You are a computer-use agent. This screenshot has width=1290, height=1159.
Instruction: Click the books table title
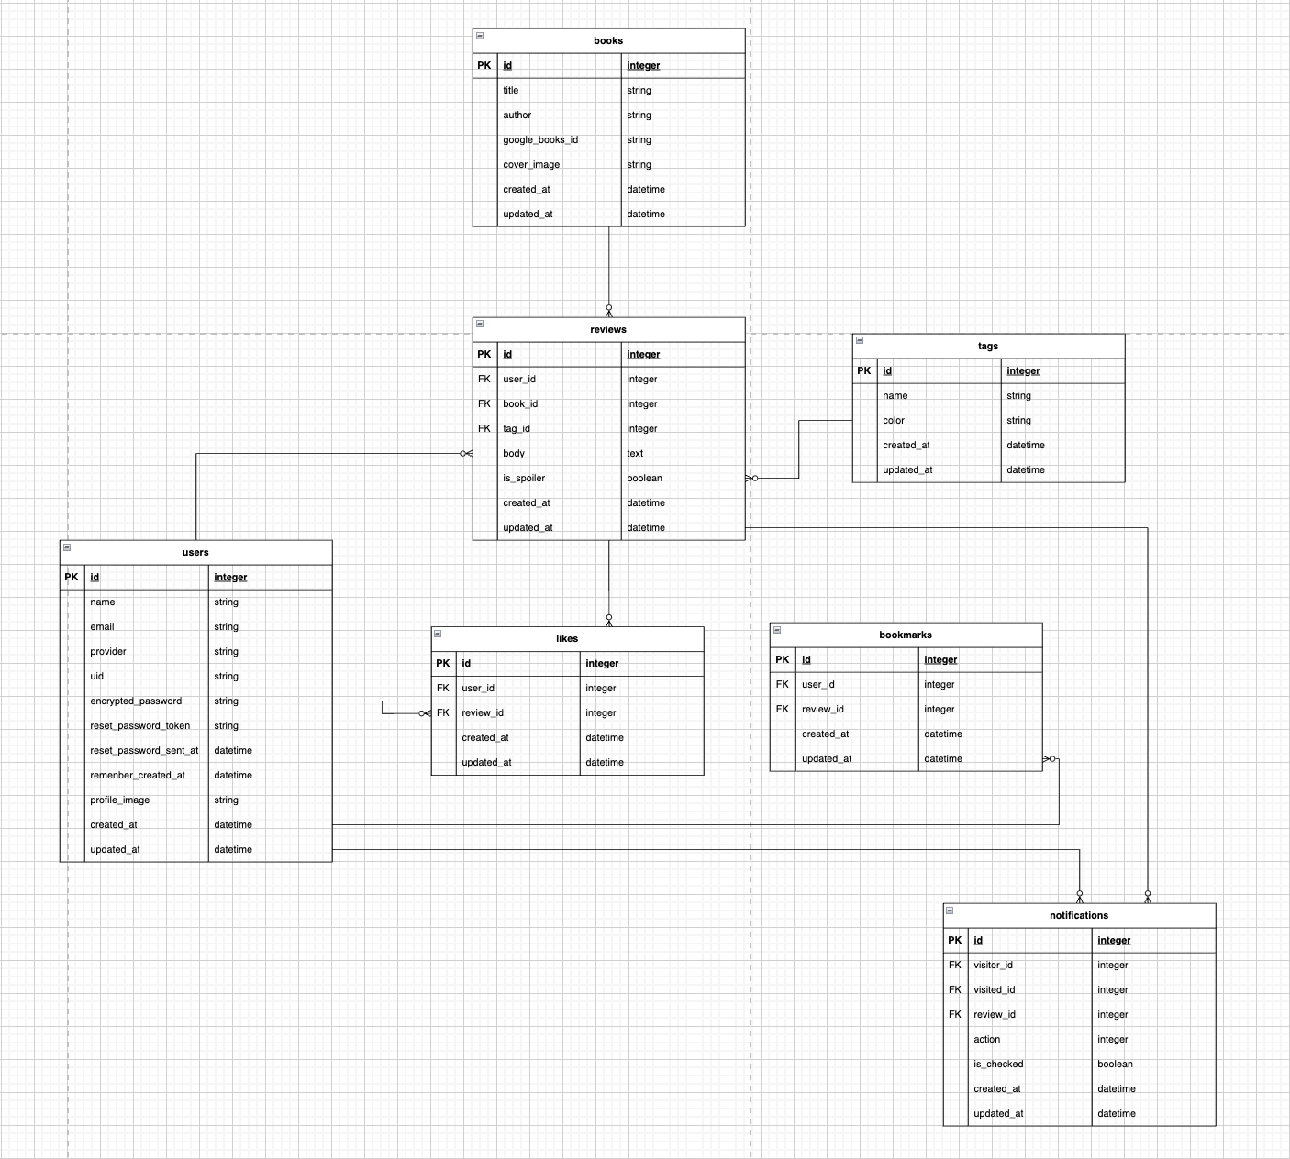(x=608, y=40)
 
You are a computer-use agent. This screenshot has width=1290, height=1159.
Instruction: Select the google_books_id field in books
(x=540, y=140)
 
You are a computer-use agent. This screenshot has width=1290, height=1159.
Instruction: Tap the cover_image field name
(x=531, y=165)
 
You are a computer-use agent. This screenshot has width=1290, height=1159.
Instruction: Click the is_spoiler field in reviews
(x=524, y=479)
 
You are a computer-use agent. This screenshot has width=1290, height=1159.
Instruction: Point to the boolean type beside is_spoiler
(x=644, y=479)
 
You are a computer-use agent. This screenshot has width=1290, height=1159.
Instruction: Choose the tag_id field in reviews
(x=517, y=429)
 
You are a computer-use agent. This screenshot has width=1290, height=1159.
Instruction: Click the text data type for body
(x=635, y=454)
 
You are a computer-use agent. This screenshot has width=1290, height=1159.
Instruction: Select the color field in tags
(x=894, y=421)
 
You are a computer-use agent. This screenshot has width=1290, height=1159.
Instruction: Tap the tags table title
(x=988, y=347)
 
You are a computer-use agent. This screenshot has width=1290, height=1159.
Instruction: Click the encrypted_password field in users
(x=136, y=701)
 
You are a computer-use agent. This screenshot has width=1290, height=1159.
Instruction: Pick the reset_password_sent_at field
(x=144, y=751)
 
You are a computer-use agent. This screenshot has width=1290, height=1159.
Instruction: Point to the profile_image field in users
(x=119, y=800)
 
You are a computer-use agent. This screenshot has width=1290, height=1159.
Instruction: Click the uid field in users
(x=97, y=677)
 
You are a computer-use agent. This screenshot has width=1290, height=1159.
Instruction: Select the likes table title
(x=567, y=639)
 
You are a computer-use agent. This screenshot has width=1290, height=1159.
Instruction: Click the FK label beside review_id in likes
(x=443, y=713)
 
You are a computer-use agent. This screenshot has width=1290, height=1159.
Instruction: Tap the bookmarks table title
(x=906, y=635)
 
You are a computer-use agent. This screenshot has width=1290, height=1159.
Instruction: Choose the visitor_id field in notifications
(x=993, y=966)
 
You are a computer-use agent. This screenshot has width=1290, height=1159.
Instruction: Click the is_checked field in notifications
(x=998, y=1065)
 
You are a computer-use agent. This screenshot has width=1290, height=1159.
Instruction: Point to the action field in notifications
(x=987, y=1040)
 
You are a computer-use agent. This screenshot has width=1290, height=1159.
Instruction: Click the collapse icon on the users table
(x=67, y=547)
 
